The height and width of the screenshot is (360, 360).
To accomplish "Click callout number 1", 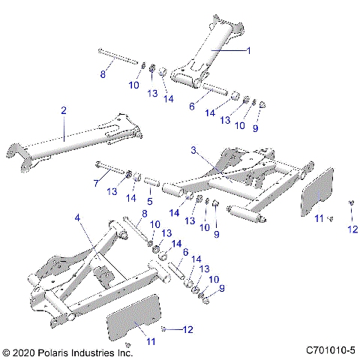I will coord(250,50).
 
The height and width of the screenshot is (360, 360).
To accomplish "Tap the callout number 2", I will coord(64,110).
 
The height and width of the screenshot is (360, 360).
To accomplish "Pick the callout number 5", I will coord(148,200).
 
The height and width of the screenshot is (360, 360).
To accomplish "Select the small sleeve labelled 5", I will coord(150,182).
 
